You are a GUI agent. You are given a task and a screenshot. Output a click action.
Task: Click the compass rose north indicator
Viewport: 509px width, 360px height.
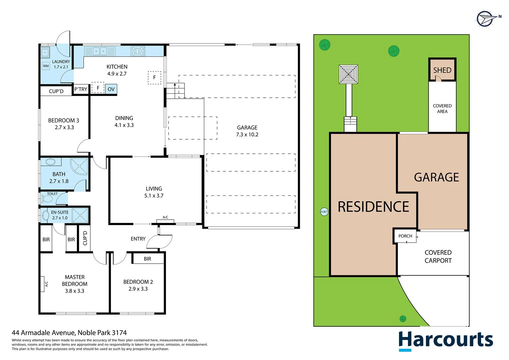485,18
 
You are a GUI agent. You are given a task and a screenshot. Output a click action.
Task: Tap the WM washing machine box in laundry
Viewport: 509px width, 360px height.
46,66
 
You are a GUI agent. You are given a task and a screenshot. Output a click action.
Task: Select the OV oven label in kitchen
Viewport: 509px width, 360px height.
111,89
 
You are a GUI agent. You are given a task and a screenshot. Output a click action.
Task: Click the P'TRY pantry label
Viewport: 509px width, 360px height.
81,89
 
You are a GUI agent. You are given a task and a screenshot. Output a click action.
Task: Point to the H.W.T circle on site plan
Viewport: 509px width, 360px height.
324,212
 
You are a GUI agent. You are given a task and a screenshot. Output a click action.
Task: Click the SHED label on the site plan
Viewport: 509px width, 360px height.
442,70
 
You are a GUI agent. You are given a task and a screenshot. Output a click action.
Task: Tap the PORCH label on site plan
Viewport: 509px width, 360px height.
405,236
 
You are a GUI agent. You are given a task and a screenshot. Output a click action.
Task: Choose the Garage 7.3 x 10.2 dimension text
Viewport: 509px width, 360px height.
247,135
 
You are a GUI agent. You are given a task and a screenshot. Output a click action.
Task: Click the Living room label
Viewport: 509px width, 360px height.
154,189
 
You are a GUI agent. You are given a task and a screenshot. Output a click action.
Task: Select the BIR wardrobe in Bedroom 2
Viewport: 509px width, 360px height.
148,259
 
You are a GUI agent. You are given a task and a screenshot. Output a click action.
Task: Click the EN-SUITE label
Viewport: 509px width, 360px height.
60,212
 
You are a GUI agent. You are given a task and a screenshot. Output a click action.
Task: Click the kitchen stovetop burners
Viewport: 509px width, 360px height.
138,51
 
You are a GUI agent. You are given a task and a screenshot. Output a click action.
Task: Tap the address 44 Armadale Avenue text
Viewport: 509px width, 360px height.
69,333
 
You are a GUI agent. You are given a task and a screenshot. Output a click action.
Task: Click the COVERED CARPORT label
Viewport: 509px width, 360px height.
438,257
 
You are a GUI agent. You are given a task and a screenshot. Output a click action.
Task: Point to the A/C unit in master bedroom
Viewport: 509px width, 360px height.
43,284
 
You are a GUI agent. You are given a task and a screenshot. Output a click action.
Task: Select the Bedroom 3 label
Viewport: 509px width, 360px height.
64,121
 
